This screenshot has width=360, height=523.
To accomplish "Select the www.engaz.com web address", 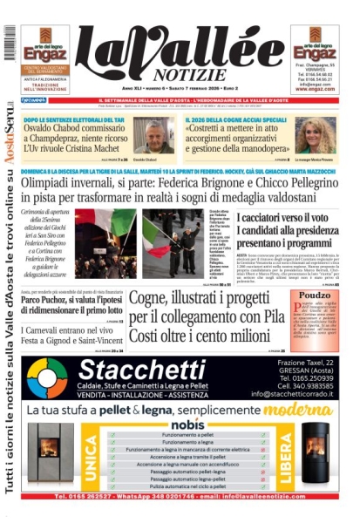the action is pos(315,88).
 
